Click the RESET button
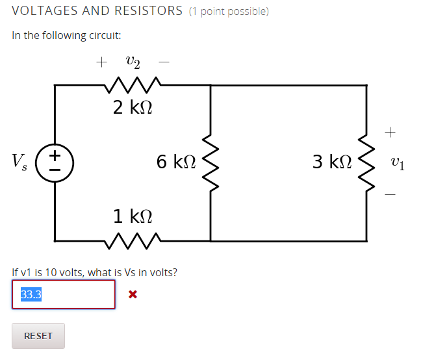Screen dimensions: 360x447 (38, 336)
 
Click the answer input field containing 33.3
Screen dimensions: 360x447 (63, 294)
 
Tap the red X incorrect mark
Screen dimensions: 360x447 (133, 294)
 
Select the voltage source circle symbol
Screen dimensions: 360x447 (55, 162)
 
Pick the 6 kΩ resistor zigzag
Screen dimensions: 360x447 (211, 162)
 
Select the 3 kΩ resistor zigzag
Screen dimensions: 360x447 (367, 162)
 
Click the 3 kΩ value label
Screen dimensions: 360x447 (332, 161)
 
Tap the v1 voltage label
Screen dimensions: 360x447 (398, 162)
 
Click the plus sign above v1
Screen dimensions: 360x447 (390, 133)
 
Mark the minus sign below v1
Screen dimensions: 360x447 (390, 193)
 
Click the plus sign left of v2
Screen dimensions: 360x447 (101, 62)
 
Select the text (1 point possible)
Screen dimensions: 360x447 (229, 12)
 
